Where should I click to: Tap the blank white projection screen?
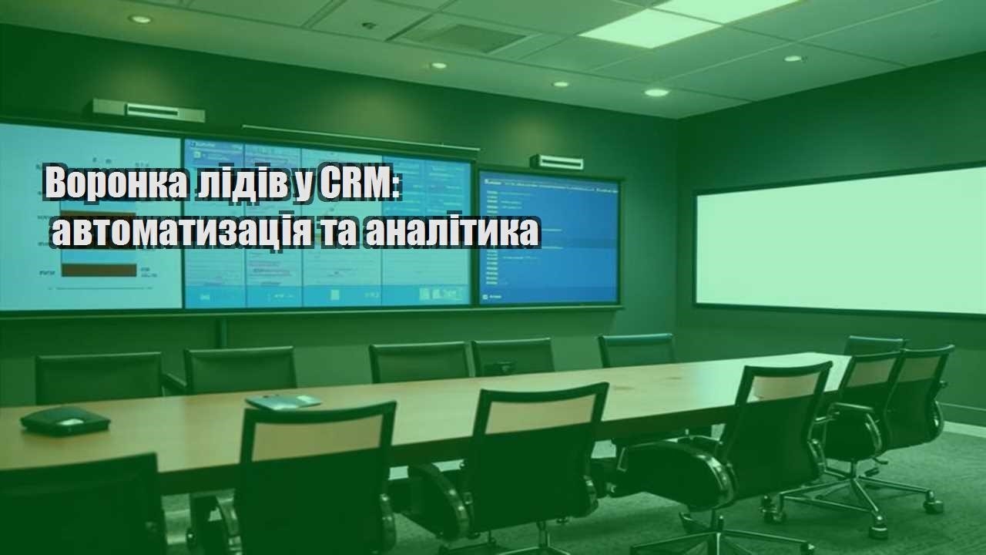coord(840,240)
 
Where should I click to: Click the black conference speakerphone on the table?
coord(65,420)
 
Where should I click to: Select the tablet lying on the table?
coord(283,402)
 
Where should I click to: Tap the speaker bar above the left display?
coord(149,109)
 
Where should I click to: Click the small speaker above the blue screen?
coord(556,161)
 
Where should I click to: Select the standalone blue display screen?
coord(548,237)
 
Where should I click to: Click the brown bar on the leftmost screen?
coord(99,269)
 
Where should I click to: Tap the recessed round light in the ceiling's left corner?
coord(140,19)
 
